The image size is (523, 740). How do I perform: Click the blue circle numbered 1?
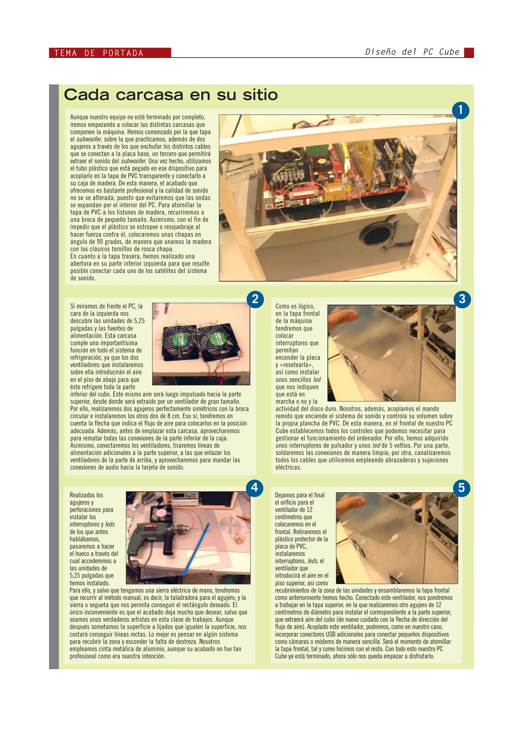click(x=460, y=110)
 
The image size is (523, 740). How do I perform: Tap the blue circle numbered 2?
click(x=255, y=299)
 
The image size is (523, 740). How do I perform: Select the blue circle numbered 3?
click(x=462, y=299)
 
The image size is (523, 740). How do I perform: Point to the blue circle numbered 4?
click(x=254, y=488)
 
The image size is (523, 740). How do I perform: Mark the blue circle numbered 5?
click(x=461, y=488)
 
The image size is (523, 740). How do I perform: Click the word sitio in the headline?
click(x=260, y=95)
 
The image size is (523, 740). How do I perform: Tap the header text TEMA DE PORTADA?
click(x=99, y=53)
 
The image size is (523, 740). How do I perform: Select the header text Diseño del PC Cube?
click(x=412, y=52)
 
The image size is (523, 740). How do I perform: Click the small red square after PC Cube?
click(x=469, y=52)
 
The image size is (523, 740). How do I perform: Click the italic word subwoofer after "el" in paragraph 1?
click(x=88, y=139)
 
